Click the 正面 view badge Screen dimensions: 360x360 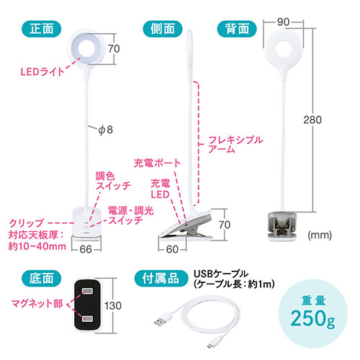tap(42, 29)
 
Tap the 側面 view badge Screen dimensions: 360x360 tap(163, 29)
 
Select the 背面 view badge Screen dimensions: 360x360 tap(237, 29)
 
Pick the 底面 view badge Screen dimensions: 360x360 tap(42, 279)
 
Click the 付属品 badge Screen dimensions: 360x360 tap(161, 279)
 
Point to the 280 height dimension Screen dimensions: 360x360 tap(312, 120)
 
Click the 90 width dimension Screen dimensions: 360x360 tap(283, 22)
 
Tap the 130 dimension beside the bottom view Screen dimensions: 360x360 tap(113, 305)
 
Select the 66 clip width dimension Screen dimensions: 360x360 tap(86, 249)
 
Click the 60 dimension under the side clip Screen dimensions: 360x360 tap(172, 249)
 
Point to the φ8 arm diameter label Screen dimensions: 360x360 tap(106, 130)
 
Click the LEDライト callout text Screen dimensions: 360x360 tap(42, 71)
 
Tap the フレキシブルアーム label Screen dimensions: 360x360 tap(235, 144)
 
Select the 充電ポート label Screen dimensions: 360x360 tap(157, 163)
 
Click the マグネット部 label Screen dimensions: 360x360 tap(37, 304)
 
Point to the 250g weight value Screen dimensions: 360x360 tap(312, 318)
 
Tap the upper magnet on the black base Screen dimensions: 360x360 tap(86, 292)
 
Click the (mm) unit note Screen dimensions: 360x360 tap(320, 235)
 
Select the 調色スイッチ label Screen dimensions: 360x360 tap(113, 181)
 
